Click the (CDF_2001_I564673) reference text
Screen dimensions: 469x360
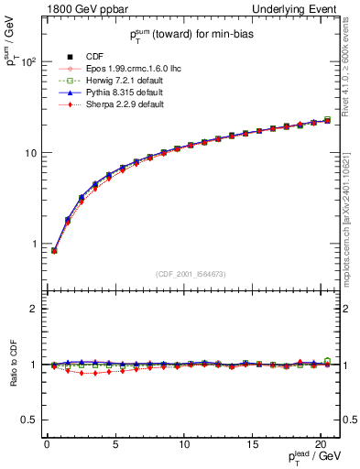point(192,274)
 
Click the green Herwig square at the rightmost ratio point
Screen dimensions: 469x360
point(328,361)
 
